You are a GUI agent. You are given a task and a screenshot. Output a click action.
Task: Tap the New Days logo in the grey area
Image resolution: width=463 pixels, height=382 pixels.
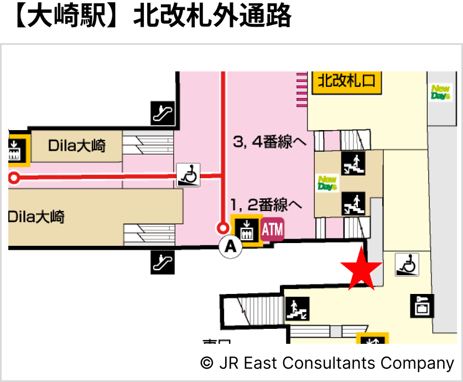441,92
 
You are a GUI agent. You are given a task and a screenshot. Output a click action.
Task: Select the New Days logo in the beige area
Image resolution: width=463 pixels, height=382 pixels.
327,183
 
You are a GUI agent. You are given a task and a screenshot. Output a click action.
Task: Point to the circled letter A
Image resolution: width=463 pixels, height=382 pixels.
231,247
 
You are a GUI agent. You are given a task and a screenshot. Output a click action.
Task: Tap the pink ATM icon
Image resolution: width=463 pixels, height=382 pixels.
272,230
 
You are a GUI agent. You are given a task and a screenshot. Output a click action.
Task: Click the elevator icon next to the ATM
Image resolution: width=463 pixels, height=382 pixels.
246,229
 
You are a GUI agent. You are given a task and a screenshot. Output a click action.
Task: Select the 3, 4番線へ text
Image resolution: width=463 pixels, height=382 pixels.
269,142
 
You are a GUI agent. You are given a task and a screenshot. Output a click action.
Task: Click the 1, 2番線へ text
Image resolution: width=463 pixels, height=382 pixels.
267,205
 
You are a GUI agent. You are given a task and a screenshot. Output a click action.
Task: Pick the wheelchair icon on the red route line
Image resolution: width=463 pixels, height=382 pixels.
188,175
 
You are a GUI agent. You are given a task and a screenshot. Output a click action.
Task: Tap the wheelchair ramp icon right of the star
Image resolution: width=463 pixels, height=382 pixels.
407,265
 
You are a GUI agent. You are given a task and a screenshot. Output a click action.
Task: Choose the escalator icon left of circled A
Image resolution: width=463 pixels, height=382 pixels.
163,262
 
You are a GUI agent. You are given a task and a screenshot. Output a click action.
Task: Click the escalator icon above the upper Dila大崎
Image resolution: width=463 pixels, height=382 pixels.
163,113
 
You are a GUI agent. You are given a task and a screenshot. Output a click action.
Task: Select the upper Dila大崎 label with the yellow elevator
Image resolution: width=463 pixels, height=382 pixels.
77,147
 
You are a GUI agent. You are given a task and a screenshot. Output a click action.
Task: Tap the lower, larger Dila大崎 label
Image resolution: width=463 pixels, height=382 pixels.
37,216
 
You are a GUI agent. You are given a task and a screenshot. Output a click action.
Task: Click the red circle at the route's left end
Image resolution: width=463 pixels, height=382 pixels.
14,178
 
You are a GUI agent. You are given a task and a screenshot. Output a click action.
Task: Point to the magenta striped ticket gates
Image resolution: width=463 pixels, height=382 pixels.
301,89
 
